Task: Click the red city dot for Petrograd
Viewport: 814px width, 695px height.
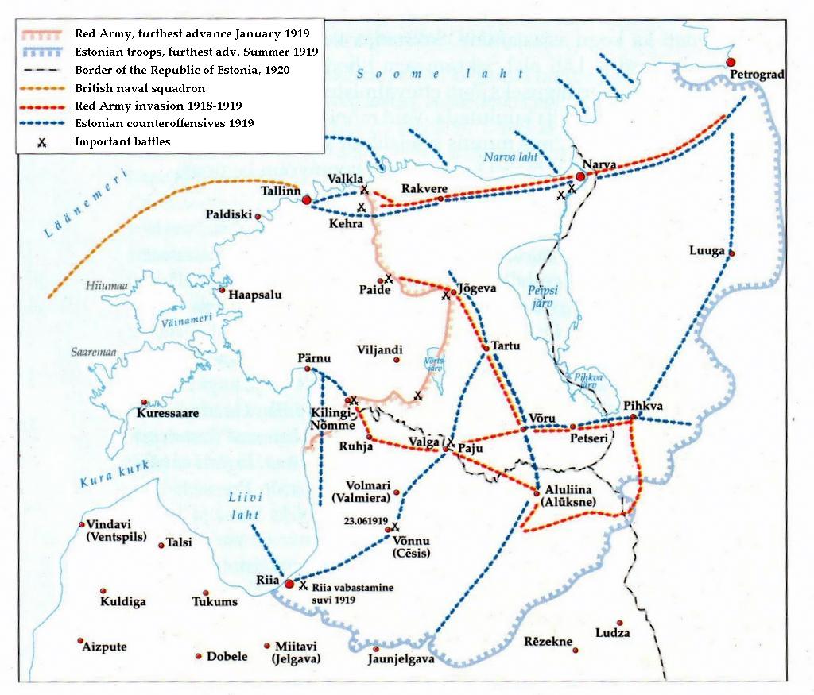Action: (x=731, y=62)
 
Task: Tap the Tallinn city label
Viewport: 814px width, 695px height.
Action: (x=281, y=191)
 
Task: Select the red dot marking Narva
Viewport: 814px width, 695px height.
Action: (x=581, y=176)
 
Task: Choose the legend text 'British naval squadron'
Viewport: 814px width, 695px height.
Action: (x=140, y=88)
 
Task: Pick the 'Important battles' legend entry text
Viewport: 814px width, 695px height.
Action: (x=122, y=141)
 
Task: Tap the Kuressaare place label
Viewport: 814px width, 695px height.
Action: (x=167, y=414)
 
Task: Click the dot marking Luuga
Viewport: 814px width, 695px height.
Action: (x=731, y=253)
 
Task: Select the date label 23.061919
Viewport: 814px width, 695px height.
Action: (x=366, y=522)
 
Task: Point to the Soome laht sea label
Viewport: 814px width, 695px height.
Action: (x=440, y=74)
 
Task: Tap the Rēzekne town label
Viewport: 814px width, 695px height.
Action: (x=548, y=641)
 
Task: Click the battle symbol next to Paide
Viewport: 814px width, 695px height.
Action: (x=388, y=278)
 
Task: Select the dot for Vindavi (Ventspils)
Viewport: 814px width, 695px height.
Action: (x=82, y=525)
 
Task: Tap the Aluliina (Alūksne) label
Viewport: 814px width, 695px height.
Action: (x=566, y=496)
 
